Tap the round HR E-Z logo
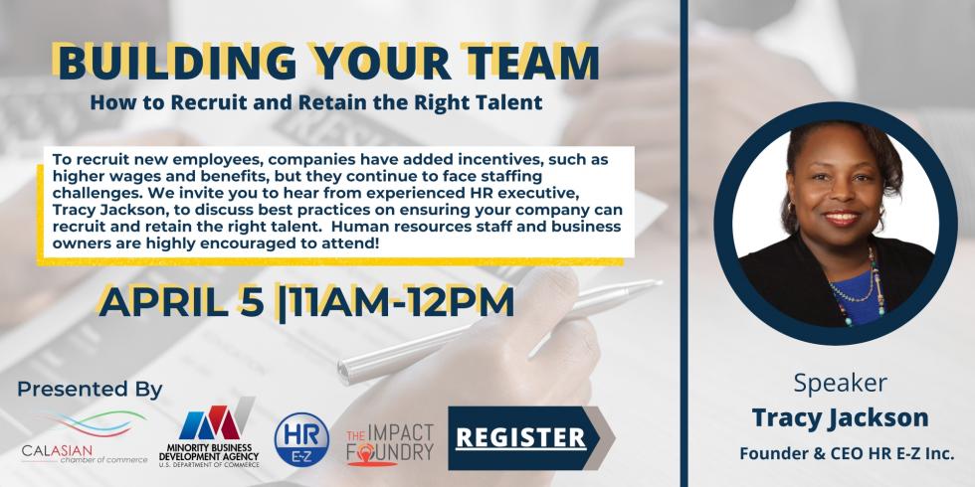click(301, 439)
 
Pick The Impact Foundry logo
click(390, 444)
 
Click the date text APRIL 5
click(181, 302)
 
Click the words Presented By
click(90, 390)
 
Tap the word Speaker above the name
click(840, 383)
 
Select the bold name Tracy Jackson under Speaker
click(840, 417)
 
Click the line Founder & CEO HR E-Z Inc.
click(847, 454)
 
